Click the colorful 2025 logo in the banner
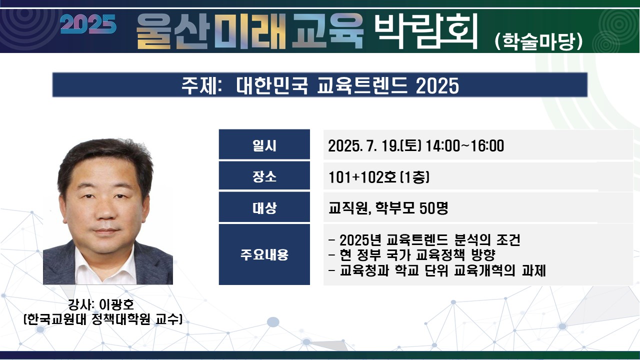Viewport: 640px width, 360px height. coord(88,24)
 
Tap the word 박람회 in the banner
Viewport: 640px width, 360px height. coord(426,31)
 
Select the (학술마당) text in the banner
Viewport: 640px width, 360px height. coord(538,41)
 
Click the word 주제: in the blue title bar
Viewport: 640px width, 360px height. coord(201,85)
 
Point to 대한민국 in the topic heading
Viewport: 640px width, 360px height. coord(272,85)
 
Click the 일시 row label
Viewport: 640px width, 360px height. coord(264,145)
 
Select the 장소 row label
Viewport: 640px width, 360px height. coord(264,176)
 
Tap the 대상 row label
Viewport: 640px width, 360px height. coord(264,207)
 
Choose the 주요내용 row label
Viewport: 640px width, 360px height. coord(264,254)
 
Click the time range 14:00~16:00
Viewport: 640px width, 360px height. coord(465,145)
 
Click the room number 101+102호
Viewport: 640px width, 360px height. coord(362,177)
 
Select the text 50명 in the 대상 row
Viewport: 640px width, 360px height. coord(433,208)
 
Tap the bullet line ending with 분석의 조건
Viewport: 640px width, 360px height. coord(424,239)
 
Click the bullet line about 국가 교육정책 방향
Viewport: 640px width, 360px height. coord(412,255)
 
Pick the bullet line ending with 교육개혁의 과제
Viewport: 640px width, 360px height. coord(437,270)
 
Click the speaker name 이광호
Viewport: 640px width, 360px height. coord(116,304)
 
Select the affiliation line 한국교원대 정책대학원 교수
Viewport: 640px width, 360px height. coord(103,319)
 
